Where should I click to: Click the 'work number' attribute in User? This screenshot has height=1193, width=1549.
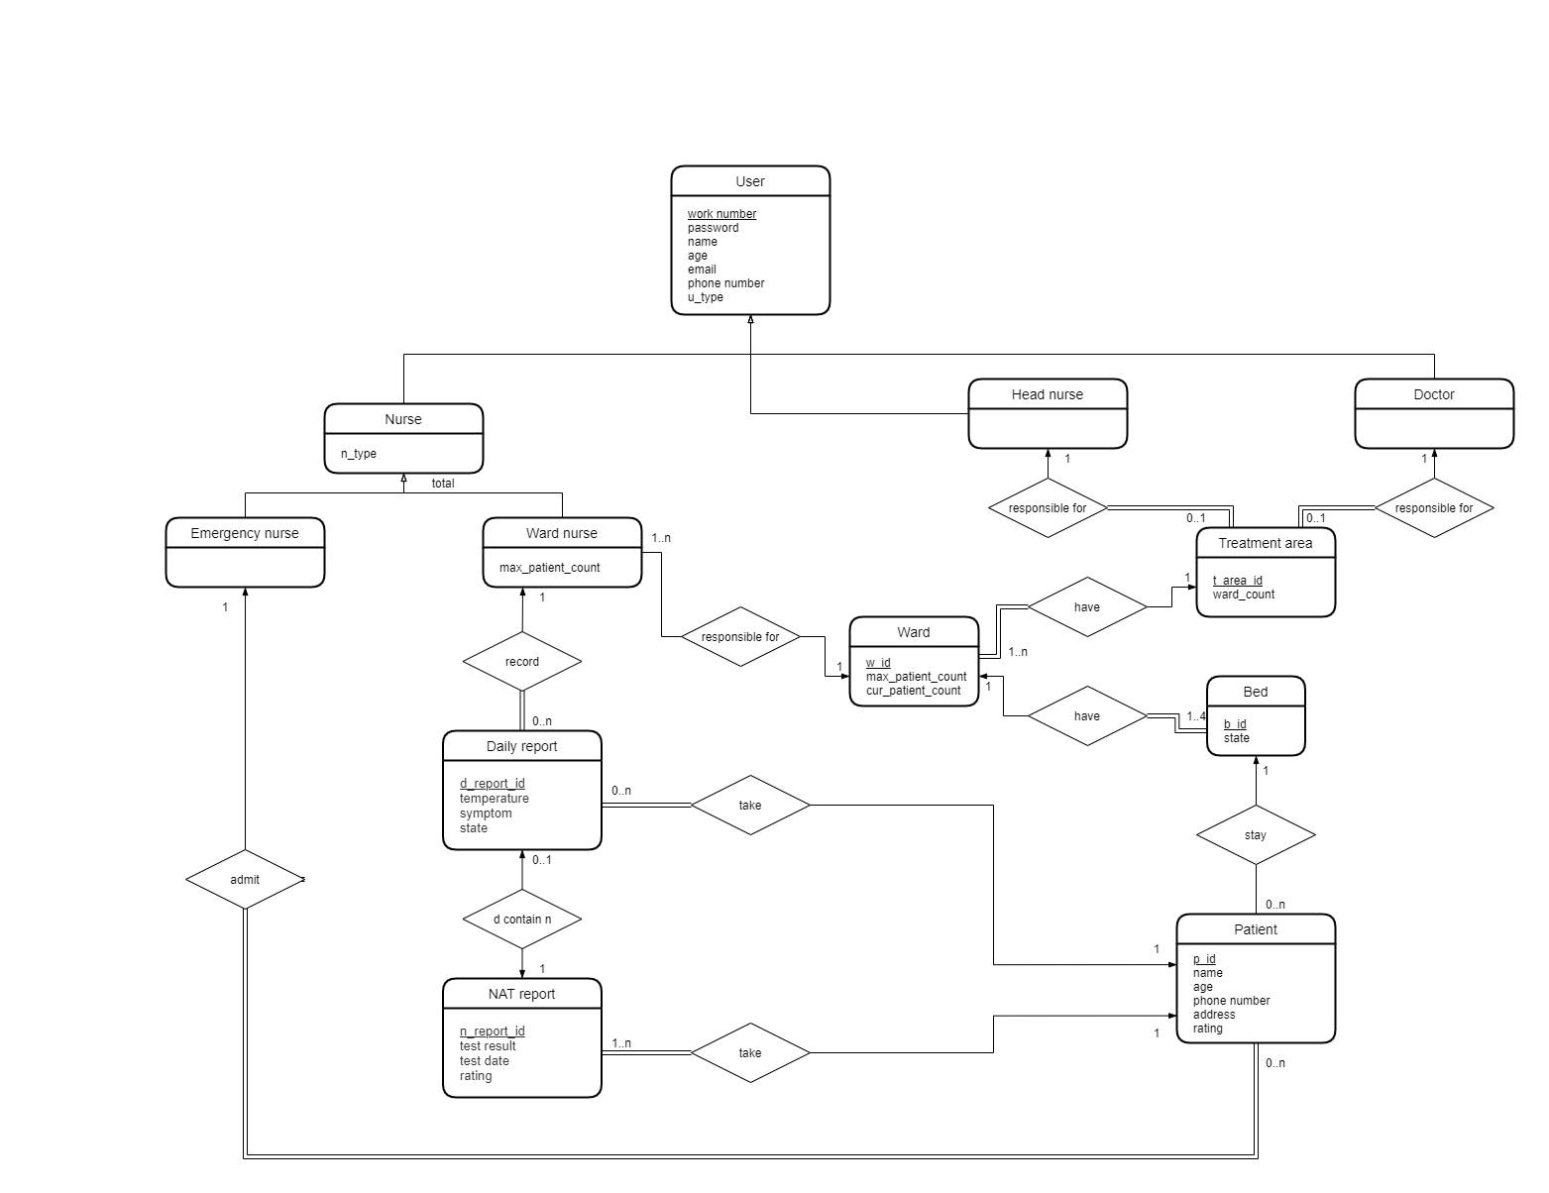(721, 214)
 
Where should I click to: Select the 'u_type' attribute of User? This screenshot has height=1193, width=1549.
(706, 297)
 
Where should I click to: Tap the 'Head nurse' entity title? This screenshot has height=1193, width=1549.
(1047, 394)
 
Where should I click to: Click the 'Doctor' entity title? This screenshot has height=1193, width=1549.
(1433, 394)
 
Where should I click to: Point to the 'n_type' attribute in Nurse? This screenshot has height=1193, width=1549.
(359, 454)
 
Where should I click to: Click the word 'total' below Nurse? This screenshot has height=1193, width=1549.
(443, 484)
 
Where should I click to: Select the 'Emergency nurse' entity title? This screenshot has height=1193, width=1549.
(245, 533)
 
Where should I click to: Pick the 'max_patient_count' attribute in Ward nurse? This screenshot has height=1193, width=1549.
(549, 568)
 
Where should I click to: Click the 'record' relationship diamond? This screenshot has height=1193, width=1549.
(522, 662)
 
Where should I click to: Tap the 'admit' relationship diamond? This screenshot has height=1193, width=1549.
(245, 880)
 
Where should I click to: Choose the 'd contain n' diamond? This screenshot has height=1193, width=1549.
(522, 920)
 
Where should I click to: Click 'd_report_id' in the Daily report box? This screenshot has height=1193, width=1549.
(492, 784)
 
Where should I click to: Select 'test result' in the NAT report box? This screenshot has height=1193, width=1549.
(488, 1046)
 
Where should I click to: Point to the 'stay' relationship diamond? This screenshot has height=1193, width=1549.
(1256, 835)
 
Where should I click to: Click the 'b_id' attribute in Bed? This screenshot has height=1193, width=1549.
(1235, 724)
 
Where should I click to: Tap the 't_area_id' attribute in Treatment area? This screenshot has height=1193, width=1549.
(1237, 581)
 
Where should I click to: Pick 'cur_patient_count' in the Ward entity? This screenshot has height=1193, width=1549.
(913, 691)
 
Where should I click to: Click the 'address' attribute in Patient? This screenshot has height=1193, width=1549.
(1214, 1015)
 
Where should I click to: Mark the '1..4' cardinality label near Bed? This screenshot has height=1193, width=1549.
(1196, 716)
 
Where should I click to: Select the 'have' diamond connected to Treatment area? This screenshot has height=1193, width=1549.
(1087, 607)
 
